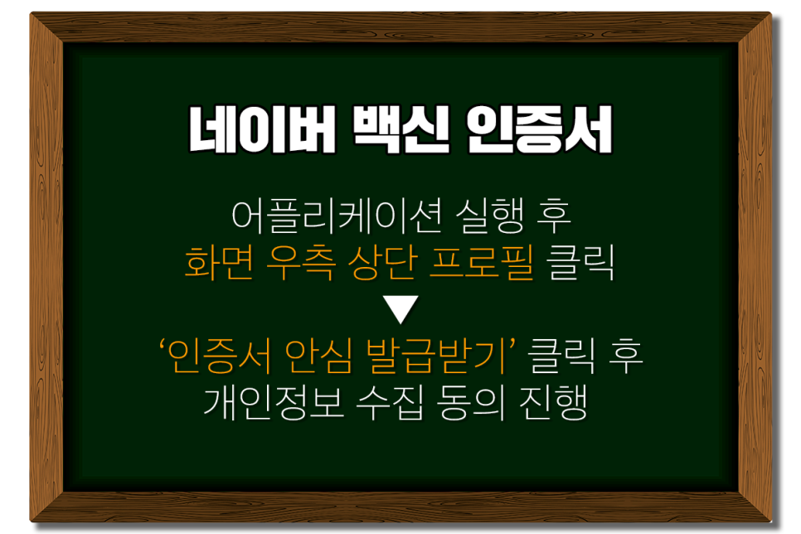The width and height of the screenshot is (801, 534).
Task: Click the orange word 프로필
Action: pyautogui.click(x=481, y=265)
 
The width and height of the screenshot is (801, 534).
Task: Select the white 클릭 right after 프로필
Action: pyautogui.click(x=581, y=265)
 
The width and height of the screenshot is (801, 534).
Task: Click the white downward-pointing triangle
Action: pyautogui.click(x=401, y=312)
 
